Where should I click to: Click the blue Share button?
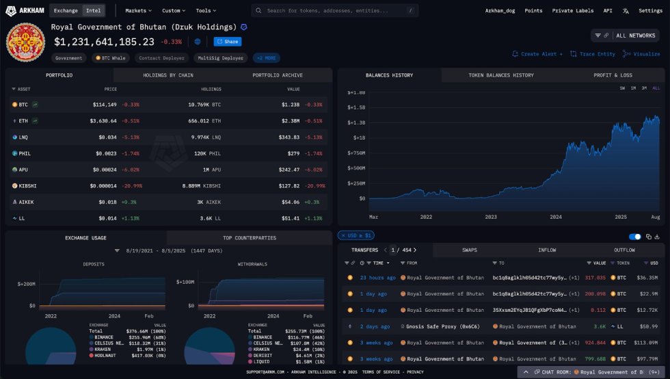click(228, 42)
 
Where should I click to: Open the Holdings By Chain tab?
click(167, 75)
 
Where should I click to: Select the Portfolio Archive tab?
click(277, 75)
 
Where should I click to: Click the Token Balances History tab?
click(501, 75)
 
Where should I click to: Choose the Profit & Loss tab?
click(613, 75)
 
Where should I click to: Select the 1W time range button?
click(622, 88)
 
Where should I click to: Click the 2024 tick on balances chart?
click(556, 217)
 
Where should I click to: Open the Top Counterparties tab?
click(249, 238)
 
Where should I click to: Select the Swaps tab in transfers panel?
click(470, 250)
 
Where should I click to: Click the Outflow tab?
click(624, 250)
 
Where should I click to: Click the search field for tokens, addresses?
click(335, 11)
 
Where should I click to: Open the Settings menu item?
click(650, 11)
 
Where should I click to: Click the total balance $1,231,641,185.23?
click(104, 42)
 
